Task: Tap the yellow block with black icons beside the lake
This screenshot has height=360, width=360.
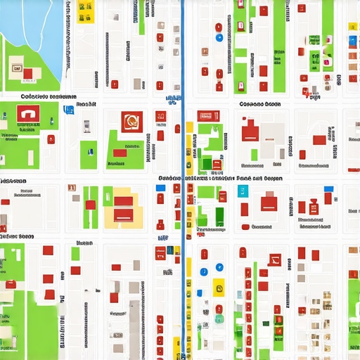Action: pos(86,11)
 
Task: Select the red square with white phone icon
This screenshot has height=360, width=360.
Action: pos(27,114)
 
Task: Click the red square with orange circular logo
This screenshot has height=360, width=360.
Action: pos(130,122)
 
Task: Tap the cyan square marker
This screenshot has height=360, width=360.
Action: pos(244,191)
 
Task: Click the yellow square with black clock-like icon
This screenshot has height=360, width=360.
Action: pos(218,287)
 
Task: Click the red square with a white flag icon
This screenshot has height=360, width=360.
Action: pos(274,259)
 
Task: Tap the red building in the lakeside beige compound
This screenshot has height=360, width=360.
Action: pos(27,73)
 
